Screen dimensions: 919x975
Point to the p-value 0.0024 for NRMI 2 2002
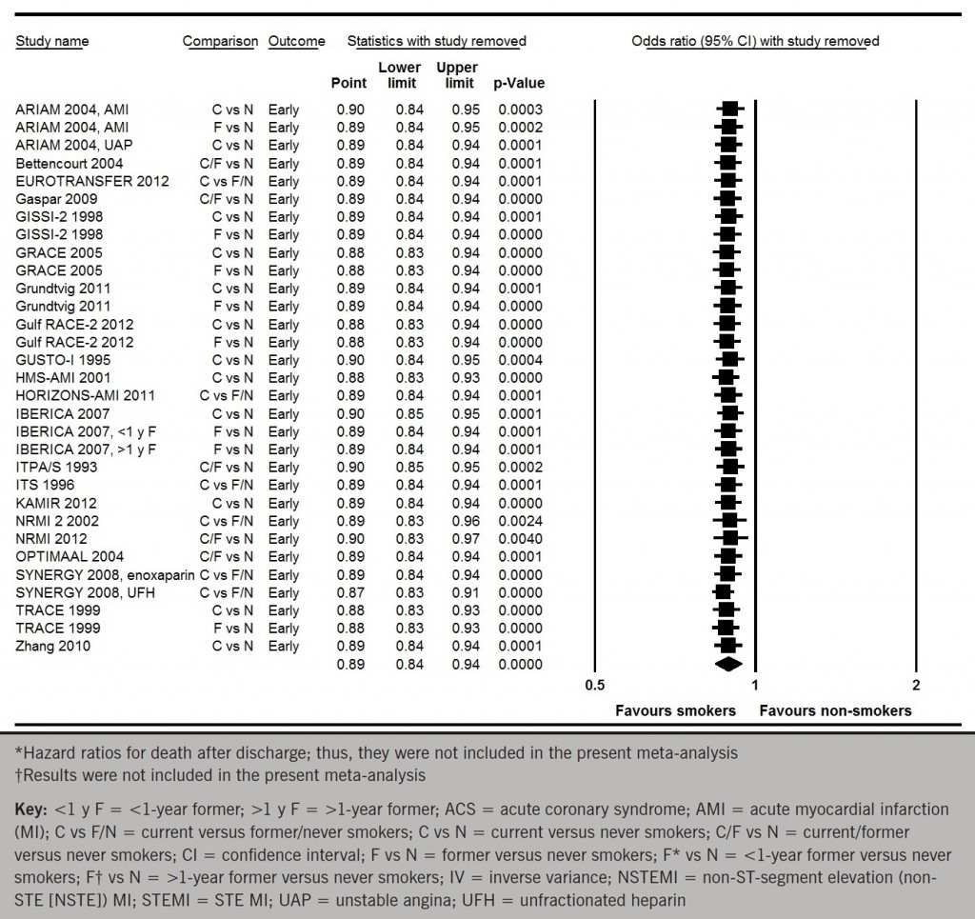[x=519, y=521]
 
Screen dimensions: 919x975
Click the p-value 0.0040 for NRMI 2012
[x=519, y=538]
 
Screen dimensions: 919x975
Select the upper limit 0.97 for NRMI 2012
[x=465, y=538]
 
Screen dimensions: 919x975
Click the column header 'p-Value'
[x=519, y=83]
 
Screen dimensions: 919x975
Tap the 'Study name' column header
[x=52, y=42]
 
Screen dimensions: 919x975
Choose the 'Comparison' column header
[x=220, y=42]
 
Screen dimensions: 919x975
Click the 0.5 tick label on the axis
[x=594, y=685]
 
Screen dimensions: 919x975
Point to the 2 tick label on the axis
[x=916, y=685]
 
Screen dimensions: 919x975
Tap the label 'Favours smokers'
[x=675, y=710]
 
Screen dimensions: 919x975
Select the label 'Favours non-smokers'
[x=835, y=710]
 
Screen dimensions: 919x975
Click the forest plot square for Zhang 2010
[x=728, y=646]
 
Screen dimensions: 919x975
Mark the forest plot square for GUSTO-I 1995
[x=730, y=360]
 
